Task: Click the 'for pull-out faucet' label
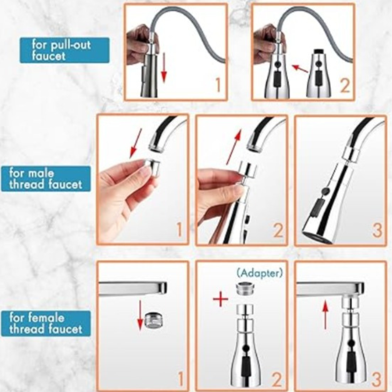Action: click(x=65, y=50)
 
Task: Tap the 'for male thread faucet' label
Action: click(x=46, y=179)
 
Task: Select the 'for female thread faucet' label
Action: click(x=46, y=323)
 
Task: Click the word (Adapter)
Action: click(x=260, y=273)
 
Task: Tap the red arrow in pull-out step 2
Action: click(x=300, y=69)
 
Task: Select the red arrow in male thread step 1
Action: click(x=136, y=144)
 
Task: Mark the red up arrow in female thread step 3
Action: click(x=325, y=315)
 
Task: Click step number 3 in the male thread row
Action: click(x=377, y=231)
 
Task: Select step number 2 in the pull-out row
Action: click(x=345, y=85)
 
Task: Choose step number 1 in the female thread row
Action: click(x=180, y=378)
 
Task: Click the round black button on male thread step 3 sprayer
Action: click(x=325, y=192)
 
